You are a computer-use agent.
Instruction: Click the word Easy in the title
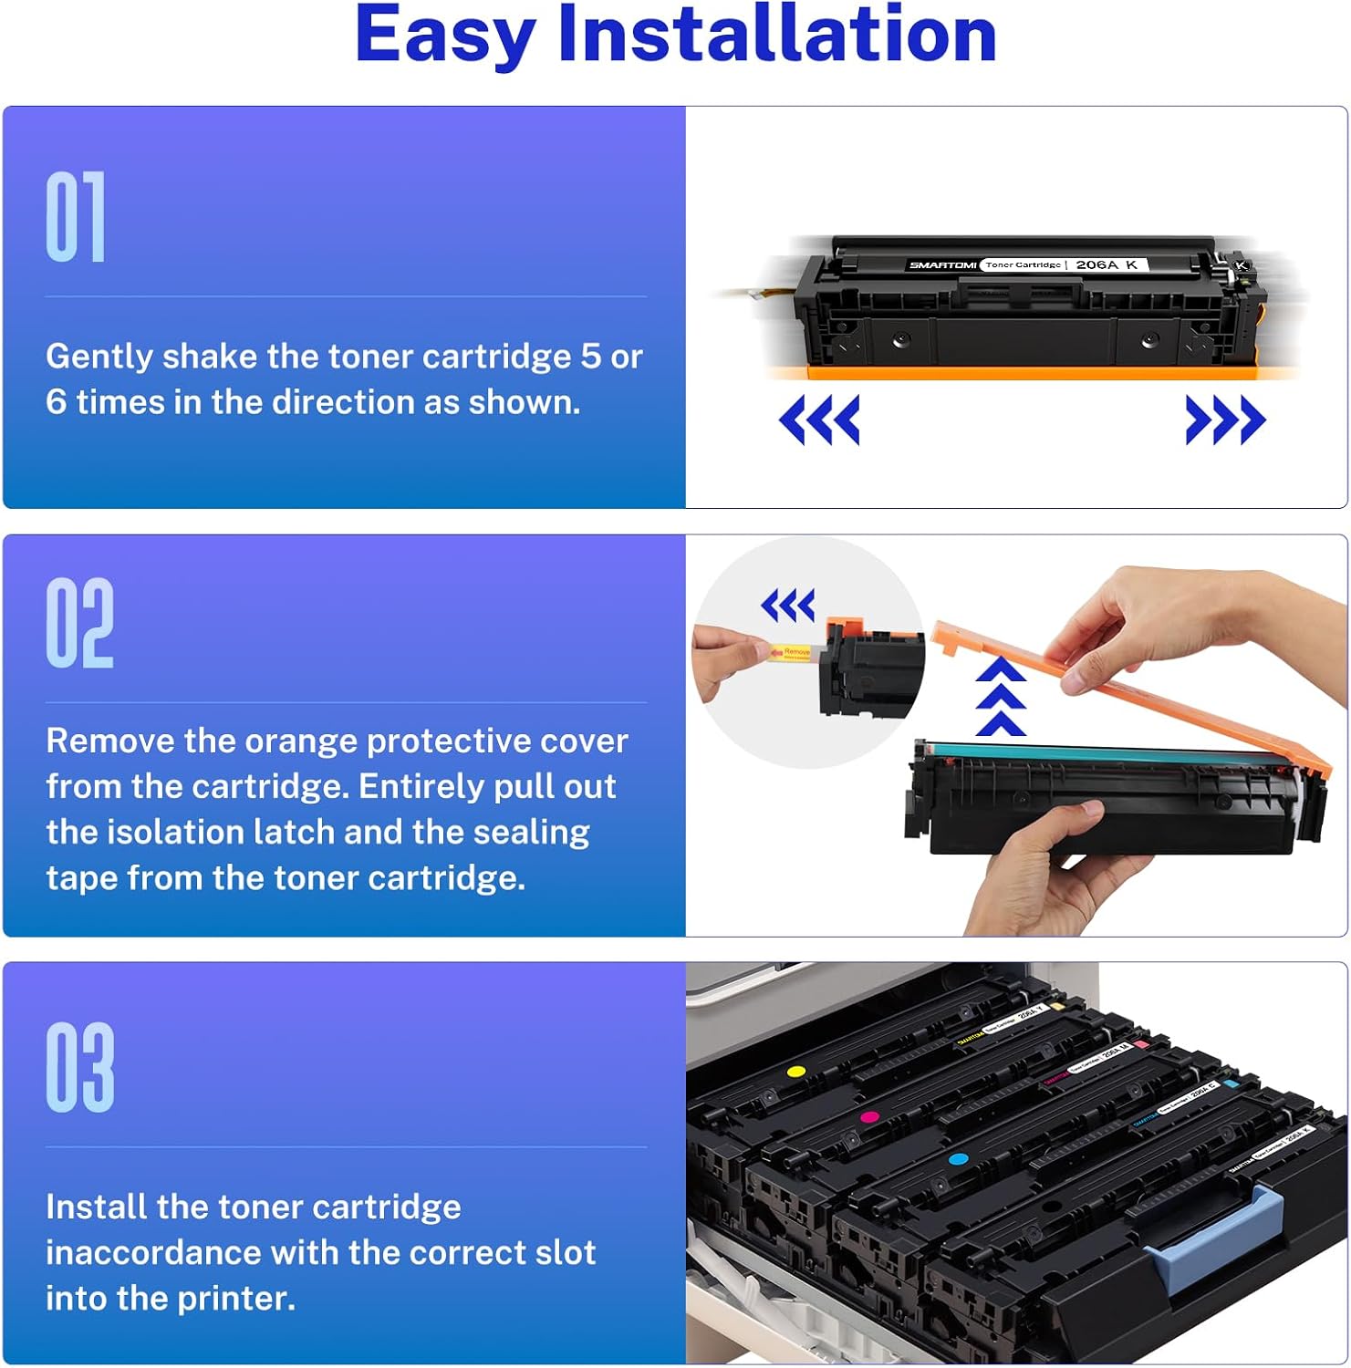(x=444, y=36)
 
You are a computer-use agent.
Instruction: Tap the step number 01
(x=76, y=217)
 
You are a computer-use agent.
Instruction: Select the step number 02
(x=79, y=623)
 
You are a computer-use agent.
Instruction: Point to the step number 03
(x=80, y=1067)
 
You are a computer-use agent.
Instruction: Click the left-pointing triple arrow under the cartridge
(x=819, y=420)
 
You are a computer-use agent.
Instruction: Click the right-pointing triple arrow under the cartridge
(x=1225, y=420)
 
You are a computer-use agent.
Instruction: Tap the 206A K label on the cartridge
(x=1106, y=264)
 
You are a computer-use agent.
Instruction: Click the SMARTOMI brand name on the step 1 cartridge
(x=942, y=264)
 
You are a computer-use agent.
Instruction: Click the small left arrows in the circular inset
(x=788, y=605)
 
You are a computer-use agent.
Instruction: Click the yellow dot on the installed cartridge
(x=795, y=1071)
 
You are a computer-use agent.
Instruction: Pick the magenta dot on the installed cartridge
(x=869, y=1117)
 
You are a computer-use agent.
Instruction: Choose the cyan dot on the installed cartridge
(x=958, y=1159)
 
